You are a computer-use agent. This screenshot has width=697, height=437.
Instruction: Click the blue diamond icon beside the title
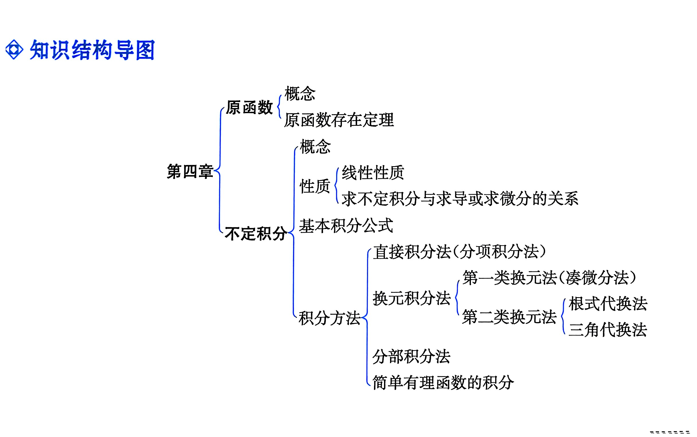(x=14, y=50)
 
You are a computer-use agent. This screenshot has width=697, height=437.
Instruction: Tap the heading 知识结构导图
(x=92, y=50)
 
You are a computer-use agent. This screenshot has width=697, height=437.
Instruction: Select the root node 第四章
(x=190, y=171)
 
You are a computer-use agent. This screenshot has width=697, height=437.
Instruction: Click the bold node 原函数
(x=249, y=107)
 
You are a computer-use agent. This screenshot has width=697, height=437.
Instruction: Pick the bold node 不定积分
(x=256, y=234)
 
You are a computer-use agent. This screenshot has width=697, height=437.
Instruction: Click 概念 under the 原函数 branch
(x=300, y=94)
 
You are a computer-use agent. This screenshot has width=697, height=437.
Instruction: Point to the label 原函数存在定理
(x=339, y=120)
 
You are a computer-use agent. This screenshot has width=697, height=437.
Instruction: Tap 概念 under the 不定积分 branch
(x=315, y=146)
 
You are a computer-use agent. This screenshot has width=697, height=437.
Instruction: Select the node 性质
(x=315, y=186)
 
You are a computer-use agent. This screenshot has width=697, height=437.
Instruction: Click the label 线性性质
(x=373, y=173)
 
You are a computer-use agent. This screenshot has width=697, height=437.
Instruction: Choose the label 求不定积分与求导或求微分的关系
(x=460, y=199)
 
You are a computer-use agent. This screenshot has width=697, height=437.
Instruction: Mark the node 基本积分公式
(x=346, y=226)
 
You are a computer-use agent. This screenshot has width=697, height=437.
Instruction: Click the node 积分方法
(x=330, y=318)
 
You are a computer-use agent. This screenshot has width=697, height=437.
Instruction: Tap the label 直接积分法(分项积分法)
(x=459, y=251)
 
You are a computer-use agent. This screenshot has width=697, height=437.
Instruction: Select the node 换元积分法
(x=412, y=299)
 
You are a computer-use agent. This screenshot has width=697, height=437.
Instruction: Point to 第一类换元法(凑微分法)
(x=549, y=278)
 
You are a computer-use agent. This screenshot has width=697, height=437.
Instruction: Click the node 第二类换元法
(x=509, y=317)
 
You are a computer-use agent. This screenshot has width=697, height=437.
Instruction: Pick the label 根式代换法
(x=608, y=304)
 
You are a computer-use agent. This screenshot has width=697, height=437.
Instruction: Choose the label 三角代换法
(x=608, y=330)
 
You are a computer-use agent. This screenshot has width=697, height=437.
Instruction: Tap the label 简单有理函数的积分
(x=443, y=383)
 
